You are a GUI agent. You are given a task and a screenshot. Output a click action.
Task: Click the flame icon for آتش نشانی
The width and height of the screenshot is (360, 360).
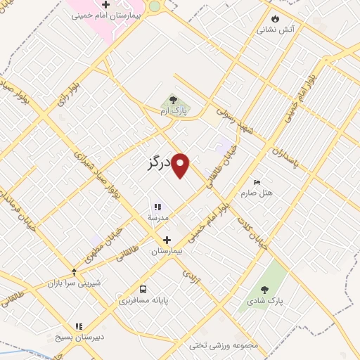click(275, 18)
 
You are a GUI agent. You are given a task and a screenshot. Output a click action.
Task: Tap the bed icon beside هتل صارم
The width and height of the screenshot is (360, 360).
click(256, 181)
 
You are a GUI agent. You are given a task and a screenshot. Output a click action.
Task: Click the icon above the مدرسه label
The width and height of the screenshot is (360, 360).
click(157, 207)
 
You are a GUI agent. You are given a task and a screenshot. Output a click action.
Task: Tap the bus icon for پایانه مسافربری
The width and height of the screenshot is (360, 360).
click(143, 289)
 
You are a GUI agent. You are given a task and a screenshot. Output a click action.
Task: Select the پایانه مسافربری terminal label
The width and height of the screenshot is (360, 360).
click(143, 300)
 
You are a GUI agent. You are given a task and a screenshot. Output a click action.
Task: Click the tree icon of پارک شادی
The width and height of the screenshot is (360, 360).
click(264, 289)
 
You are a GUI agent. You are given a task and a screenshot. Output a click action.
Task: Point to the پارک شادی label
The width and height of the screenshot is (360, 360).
click(264, 300)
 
